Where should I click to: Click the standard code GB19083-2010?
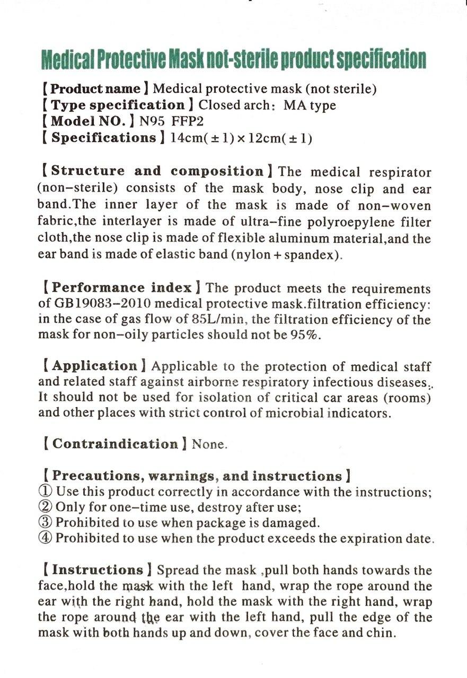[x=99, y=305]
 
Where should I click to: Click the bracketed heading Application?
[x=95, y=366]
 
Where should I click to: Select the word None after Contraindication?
[x=209, y=444]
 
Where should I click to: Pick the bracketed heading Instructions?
[x=98, y=570]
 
